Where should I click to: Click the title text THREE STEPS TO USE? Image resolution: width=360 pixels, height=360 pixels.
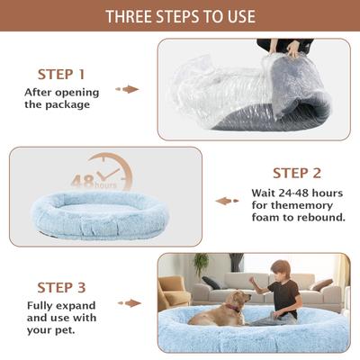[x=180, y=16]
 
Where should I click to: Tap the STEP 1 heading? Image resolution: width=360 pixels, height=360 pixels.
[x=61, y=74]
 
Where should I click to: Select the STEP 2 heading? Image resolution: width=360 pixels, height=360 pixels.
[x=296, y=173]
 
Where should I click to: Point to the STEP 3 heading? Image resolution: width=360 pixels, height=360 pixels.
[x=61, y=288]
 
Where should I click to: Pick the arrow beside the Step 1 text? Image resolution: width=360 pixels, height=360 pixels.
[x=130, y=89]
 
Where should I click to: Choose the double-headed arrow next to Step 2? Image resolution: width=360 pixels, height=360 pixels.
[x=227, y=201]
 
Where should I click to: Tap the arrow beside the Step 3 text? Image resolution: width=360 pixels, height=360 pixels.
[x=131, y=303]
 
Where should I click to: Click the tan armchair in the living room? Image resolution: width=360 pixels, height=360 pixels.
[x=173, y=292]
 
